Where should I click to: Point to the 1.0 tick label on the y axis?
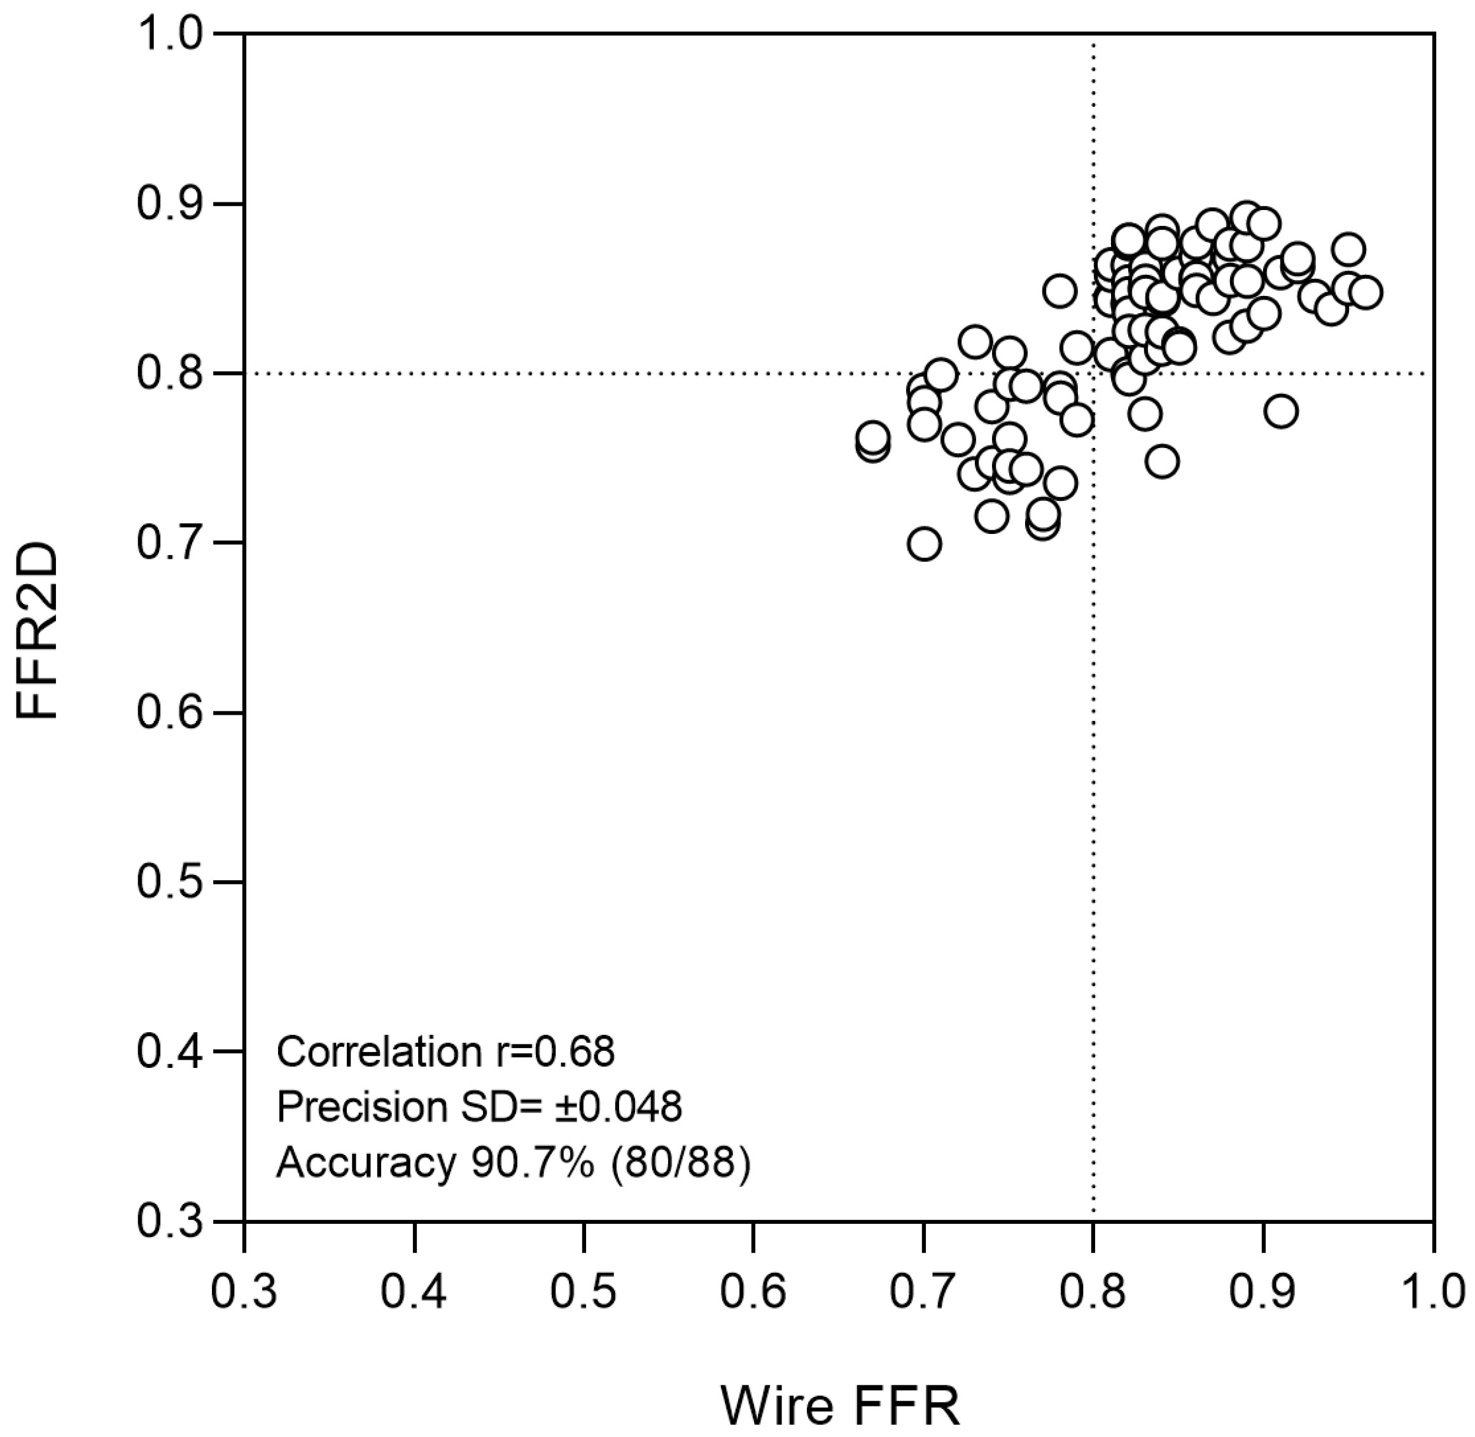coord(170,35)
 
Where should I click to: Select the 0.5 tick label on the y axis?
coord(170,881)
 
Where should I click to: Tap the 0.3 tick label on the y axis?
coord(170,1221)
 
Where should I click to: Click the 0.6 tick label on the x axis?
coord(752,1292)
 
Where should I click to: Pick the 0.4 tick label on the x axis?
coord(414,1292)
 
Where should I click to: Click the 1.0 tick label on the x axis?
coord(1431,1292)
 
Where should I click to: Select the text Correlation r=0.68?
coord(445,1051)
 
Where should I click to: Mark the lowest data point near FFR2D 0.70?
coord(924,544)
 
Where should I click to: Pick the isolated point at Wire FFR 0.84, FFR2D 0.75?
coord(1162,462)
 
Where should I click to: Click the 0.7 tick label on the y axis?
coord(170,543)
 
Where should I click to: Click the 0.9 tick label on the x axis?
coord(1262,1292)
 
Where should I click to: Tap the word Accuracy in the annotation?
coord(366,1163)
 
